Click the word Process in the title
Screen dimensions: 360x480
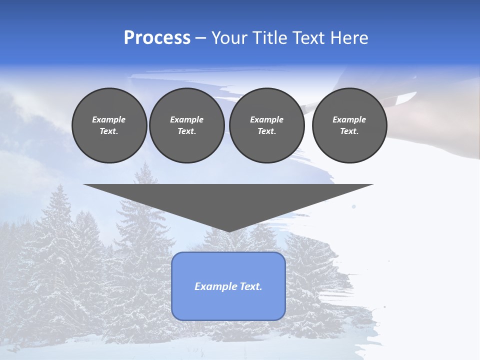157,38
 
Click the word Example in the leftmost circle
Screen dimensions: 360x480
109,119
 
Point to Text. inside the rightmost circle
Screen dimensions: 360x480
349,131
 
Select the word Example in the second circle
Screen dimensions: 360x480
187,119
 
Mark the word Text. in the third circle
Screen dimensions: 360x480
267,131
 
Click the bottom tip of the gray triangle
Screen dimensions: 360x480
228,230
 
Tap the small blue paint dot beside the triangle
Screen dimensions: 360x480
354,206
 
